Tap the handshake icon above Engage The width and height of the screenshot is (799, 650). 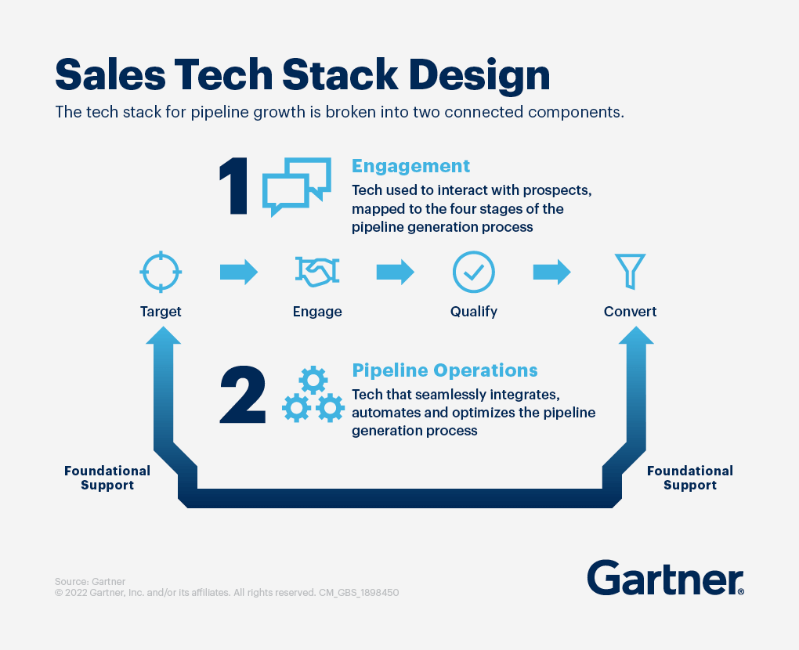pyautogui.click(x=317, y=272)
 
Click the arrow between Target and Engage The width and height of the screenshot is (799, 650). pyautogui.click(x=239, y=272)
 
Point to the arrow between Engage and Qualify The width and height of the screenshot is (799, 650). pyautogui.click(x=396, y=272)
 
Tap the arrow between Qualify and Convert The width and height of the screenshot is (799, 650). pyautogui.click(x=552, y=272)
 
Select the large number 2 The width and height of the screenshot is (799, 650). pyautogui.click(x=243, y=395)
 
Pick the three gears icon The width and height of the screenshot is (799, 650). pyautogui.click(x=313, y=394)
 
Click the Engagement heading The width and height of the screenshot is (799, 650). pyautogui.click(x=410, y=166)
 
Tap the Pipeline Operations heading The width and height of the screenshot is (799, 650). pyautogui.click(x=445, y=370)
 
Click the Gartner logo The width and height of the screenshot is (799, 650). pyautogui.click(x=666, y=578)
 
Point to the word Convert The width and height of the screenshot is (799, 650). pyautogui.click(x=631, y=311)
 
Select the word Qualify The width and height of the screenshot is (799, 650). pyautogui.click(x=474, y=311)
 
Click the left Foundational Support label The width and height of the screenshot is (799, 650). pyautogui.click(x=107, y=478)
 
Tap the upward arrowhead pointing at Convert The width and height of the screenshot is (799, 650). pyautogui.click(x=636, y=335)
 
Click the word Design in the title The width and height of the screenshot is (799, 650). pyautogui.click(x=479, y=75)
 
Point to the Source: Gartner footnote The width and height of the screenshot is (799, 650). pyautogui.click(x=90, y=581)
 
